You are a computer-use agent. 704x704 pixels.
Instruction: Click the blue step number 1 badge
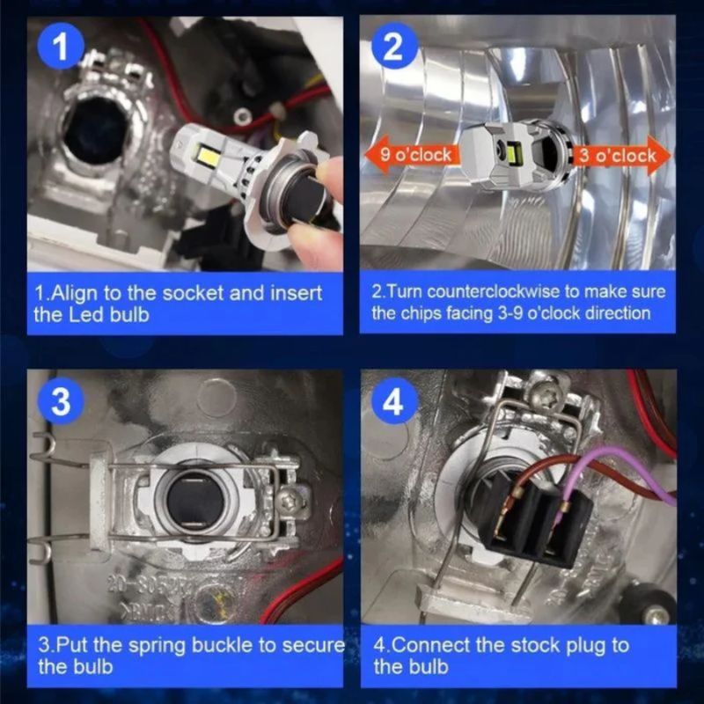click(x=61, y=46)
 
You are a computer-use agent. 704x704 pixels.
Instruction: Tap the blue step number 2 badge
click(x=393, y=47)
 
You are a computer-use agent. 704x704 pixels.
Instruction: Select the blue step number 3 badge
click(x=61, y=401)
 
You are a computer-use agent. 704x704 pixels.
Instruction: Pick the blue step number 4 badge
click(x=393, y=402)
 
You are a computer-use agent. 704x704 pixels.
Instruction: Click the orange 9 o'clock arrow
click(x=411, y=155)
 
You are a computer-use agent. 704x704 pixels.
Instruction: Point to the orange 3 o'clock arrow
click(x=620, y=156)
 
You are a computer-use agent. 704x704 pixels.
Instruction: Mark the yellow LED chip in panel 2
click(x=514, y=151)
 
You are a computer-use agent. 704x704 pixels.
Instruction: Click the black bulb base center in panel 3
click(x=195, y=502)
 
